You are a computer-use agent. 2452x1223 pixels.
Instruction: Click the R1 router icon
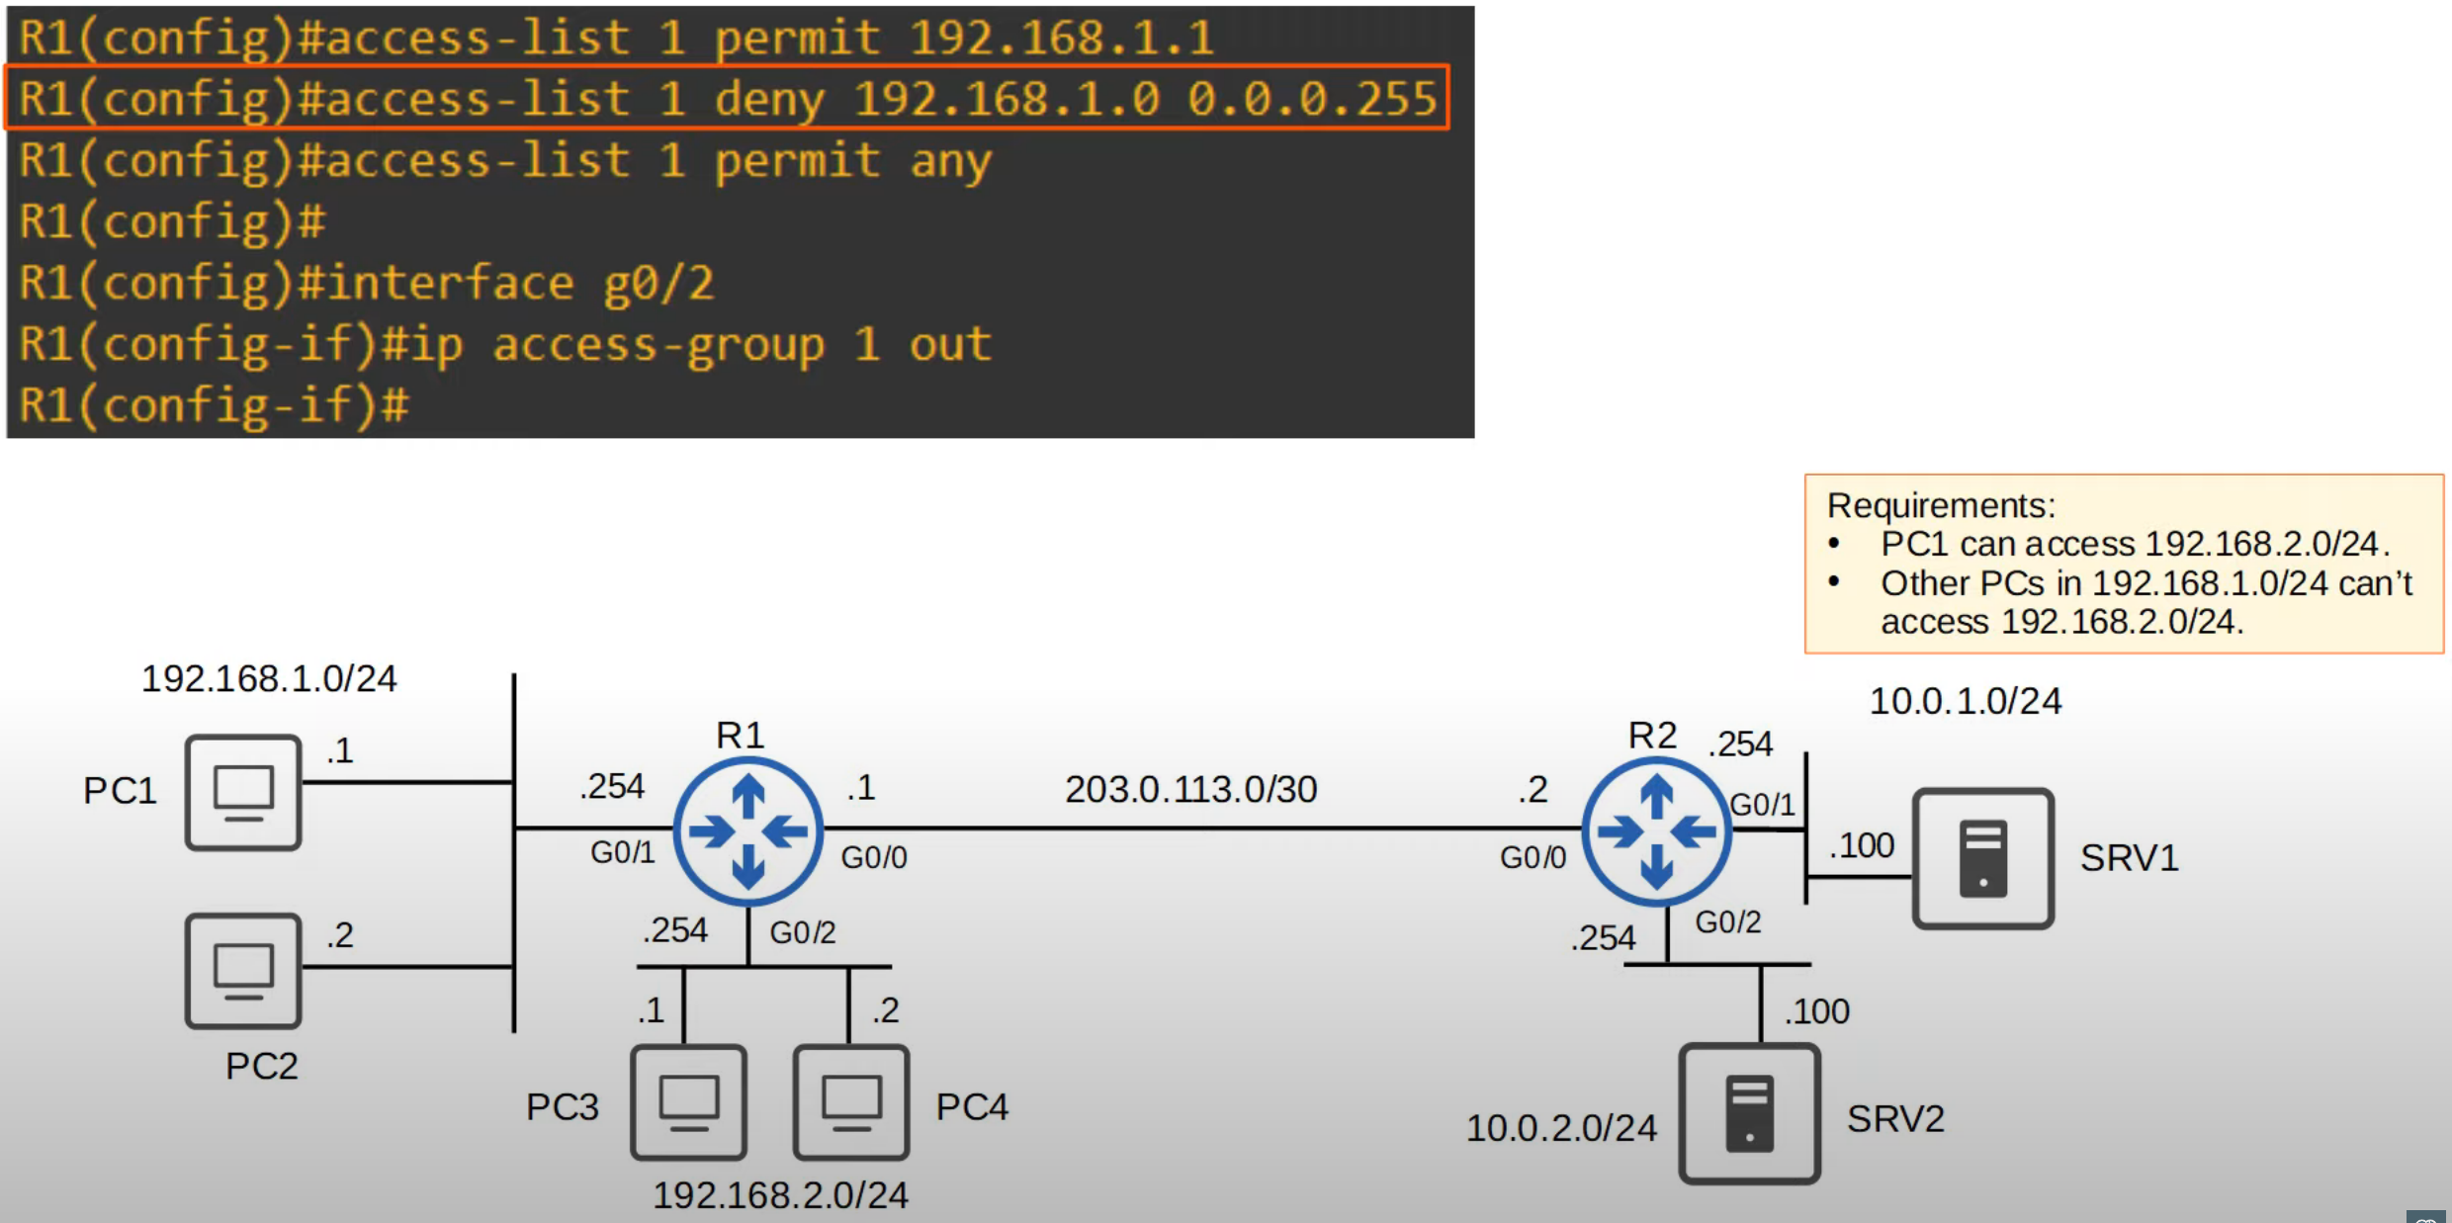[x=748, y=831]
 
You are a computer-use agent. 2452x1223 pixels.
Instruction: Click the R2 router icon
[x=1656, y=831]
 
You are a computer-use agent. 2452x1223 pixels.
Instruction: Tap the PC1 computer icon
[x=243, y=792]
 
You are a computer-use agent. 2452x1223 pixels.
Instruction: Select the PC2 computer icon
[x=243, y=971]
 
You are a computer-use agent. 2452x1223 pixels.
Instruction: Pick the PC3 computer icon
[x=689, y=1101]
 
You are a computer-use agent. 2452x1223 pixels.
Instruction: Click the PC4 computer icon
[x=851, y=1101]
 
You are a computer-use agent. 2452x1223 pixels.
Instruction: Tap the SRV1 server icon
[x=1982, y=858]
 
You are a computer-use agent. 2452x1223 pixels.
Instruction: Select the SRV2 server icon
[x=1749, y=1114]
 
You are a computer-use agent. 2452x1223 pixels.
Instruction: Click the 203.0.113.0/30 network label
[x=1190, y=789]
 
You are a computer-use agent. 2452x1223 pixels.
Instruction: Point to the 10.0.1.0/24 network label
[x=1965, y=701]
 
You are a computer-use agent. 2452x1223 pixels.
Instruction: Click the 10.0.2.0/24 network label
[x=1560, y=1128]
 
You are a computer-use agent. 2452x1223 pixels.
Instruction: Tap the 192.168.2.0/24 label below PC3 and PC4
[x=780, y=1195]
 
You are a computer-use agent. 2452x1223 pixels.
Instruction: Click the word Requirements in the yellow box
[x=1940, y=505]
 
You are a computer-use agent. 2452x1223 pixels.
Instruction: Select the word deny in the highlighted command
[x=768, y=99]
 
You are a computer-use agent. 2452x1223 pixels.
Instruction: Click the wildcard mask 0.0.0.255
[x=1312, y=99]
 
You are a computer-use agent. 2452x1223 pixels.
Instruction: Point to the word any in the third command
[x=950, y=160]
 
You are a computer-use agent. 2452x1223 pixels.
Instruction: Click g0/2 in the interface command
[x=658, y=284]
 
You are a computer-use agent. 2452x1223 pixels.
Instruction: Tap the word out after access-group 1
[x=950, y=344]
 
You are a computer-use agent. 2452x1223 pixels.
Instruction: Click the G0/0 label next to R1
[x=874, y=857]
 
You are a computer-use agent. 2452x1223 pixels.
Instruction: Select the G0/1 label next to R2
[x=1762, y=805]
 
